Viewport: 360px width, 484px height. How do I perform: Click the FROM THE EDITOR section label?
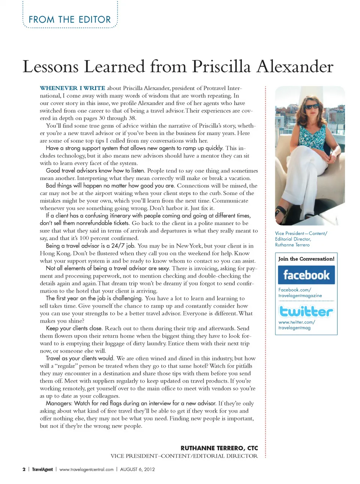point(70,20)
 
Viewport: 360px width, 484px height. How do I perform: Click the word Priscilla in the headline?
point(221,67)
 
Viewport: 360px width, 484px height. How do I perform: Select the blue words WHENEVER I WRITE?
point(72,88)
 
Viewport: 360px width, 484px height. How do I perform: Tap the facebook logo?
point(306,275)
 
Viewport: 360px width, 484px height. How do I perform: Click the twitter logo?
point(306,311)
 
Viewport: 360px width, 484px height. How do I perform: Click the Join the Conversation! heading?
point(306,259)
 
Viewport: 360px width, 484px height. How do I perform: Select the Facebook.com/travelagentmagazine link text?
point(300,293)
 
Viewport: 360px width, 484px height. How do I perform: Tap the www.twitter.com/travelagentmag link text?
point(297,325)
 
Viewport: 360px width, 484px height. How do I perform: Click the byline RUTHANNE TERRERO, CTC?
point(219,448)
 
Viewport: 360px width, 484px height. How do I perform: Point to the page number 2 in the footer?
point(24,469)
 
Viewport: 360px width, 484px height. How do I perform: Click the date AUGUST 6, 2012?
point(137,469)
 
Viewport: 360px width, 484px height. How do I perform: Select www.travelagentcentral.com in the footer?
point(86,469)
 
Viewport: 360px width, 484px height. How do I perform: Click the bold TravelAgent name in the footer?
point(42,469)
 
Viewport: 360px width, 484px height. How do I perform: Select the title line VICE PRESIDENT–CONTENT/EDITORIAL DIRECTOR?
point(184,456)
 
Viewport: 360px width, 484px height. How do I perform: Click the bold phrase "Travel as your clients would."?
point(79,358)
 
